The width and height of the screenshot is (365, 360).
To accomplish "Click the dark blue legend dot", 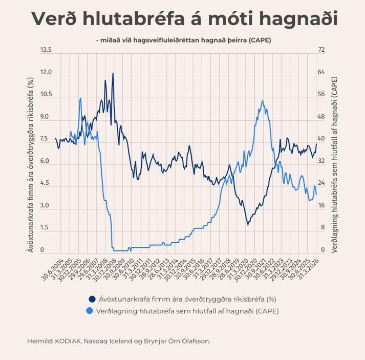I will [92, 299].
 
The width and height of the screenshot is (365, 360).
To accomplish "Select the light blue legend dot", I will [92, 311].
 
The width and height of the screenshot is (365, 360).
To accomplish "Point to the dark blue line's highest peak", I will [113, 73].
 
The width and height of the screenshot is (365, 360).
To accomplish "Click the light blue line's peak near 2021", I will [263, 100].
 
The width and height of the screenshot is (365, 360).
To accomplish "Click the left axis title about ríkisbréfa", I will [30, 165].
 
